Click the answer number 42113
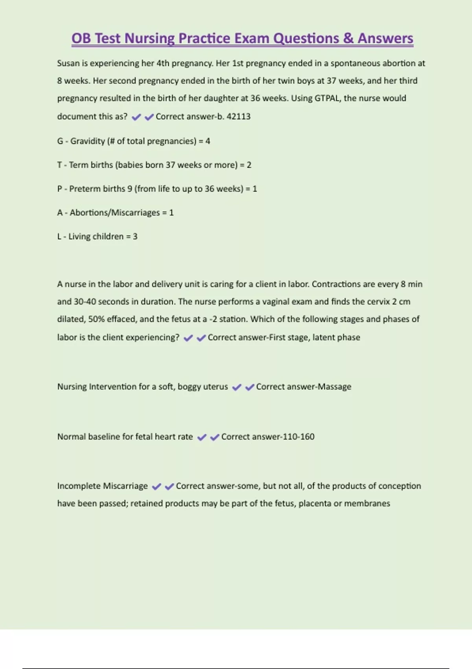pyautogui.click(x=238, y=116)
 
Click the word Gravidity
pyautogui.click(x=87, y=141)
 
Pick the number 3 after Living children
pyautogui.click(x=135, y=237)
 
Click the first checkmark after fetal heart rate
pyautogui.click(x=202, y=437)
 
